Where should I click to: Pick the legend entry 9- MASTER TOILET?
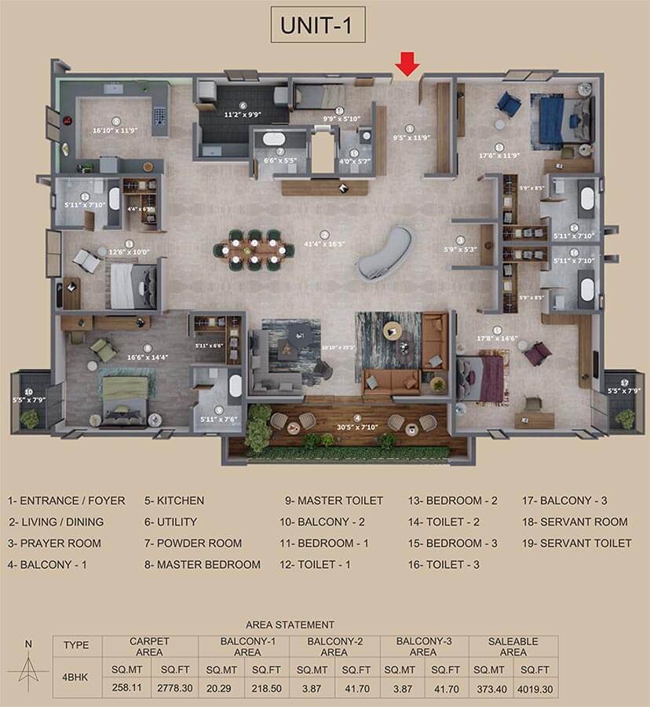tap(334, 500)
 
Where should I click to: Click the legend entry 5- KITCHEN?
tap(174, 500)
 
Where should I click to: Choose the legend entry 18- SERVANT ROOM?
tap(575, 522)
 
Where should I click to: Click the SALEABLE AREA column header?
tap(513, 647)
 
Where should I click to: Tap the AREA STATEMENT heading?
tap(290, 625)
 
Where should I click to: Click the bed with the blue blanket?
tap(553, 119)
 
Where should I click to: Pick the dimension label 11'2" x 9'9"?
tap(243, 114)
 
